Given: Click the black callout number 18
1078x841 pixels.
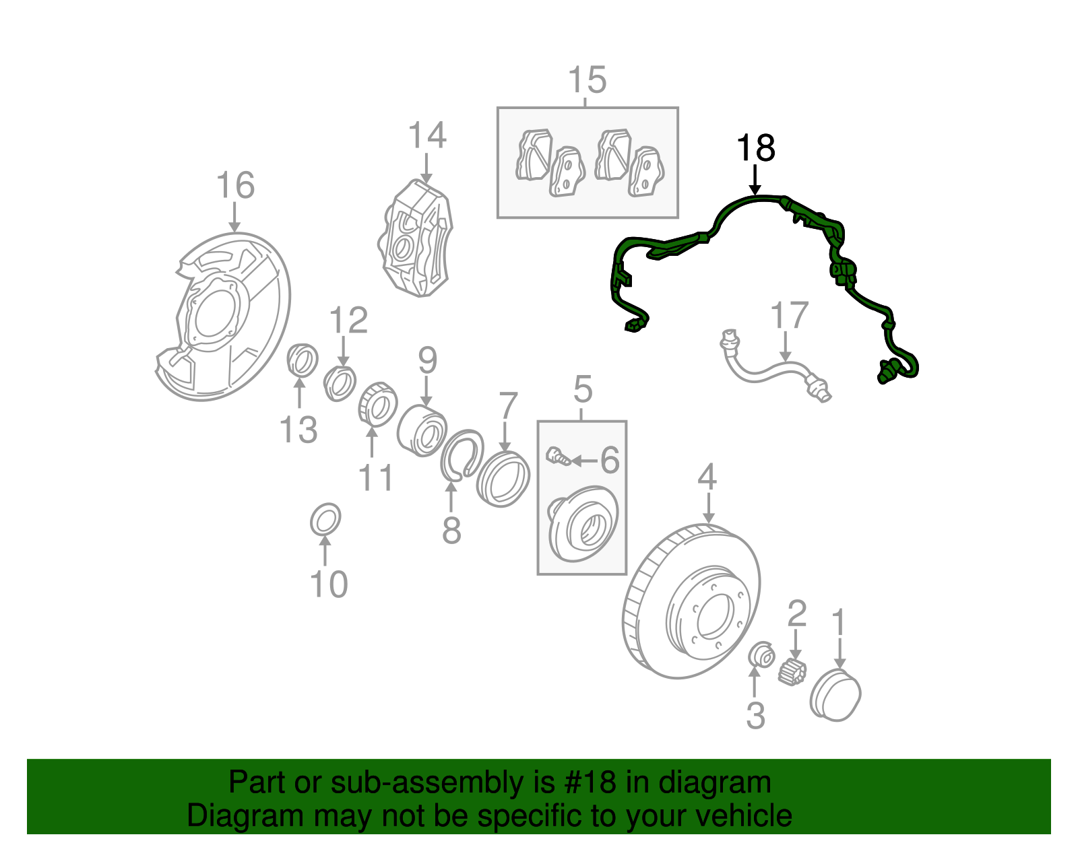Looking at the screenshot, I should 756,148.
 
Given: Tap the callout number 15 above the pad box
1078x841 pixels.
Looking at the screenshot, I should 587,81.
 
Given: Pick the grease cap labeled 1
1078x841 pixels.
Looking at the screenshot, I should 835,695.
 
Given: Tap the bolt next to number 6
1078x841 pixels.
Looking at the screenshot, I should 557,456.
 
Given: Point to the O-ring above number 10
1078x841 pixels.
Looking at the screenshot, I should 325,519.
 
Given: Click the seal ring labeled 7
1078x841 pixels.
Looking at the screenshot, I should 503,479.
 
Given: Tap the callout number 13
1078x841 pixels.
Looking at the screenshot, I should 298,430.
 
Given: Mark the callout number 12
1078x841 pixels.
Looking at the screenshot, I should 348,321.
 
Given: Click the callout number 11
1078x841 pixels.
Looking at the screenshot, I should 375,478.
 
